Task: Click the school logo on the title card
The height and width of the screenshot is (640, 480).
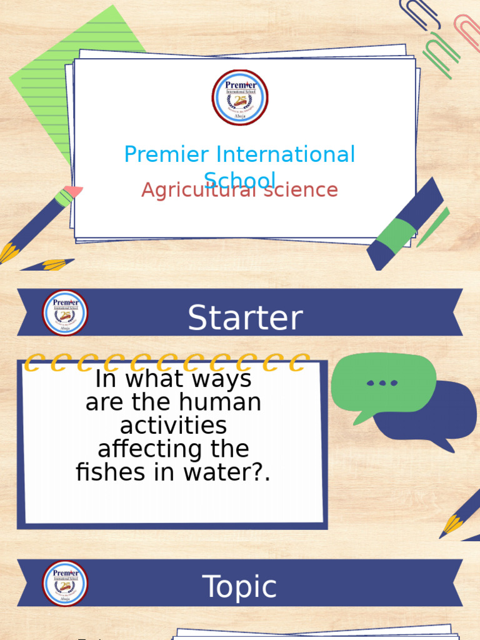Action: pos(240,97)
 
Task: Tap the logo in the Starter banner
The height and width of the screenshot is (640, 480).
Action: pos(65,312)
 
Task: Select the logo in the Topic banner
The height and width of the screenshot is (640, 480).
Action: pos(65,583)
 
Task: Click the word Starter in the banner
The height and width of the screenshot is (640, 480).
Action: pos(245,318)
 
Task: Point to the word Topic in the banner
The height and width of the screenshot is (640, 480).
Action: pos(240,587)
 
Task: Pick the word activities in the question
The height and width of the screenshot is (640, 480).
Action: pos(173,426)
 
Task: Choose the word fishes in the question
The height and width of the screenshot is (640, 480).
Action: pos(111,472)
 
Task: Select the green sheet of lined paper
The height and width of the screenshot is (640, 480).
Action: pos(56,81)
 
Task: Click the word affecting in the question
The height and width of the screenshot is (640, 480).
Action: pos(173,449)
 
